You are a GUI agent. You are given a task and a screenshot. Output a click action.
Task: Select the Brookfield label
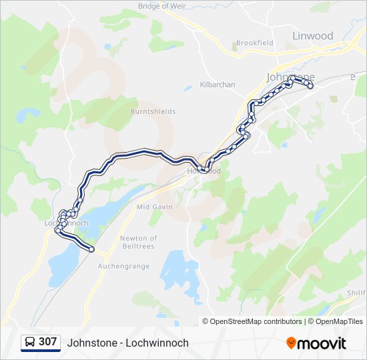coord(255,43)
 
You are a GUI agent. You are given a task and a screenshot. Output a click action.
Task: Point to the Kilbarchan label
coord(218,85)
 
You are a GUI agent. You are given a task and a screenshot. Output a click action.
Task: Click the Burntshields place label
coord(153,111)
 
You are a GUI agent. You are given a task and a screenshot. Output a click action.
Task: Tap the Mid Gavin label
coord(155,207)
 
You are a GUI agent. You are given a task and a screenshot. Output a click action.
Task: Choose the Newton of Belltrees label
coord(139,242)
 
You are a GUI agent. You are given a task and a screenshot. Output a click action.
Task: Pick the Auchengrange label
coord(125,266)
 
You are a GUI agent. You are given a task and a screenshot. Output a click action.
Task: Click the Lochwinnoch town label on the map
coord(66,223)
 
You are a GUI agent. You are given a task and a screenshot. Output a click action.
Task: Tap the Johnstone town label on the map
coord(290,77)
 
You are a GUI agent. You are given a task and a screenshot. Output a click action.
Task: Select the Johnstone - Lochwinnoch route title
coord(128,343)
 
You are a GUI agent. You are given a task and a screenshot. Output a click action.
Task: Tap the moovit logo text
coord(322,343)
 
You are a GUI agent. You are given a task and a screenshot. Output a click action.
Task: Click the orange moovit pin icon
coord(291,343)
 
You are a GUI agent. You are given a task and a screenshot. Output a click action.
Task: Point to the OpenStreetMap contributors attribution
coord(252,321)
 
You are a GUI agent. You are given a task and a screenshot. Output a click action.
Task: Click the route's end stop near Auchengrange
coord(91,250)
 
